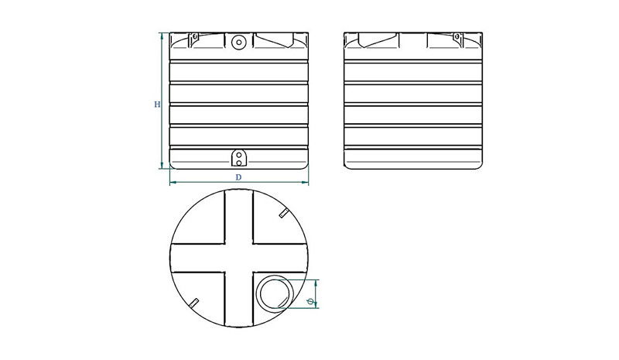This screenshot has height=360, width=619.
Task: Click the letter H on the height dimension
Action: pos(157,105)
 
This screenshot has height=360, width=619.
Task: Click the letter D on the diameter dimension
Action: pos(238,177)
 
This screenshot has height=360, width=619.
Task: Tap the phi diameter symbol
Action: pos(311,301)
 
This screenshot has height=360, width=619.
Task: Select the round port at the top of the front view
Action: pos(239,42)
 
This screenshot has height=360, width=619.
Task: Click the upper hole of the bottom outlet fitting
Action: pos(239,156)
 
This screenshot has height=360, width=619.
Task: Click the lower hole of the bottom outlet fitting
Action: pos(239,163)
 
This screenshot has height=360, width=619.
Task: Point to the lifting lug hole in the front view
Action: pos(195,37)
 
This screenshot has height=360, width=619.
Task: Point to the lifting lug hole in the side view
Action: pos(457,37)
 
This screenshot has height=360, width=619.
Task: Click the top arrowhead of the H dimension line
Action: pos(162,36)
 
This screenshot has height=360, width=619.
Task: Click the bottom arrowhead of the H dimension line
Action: pos(162,166)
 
